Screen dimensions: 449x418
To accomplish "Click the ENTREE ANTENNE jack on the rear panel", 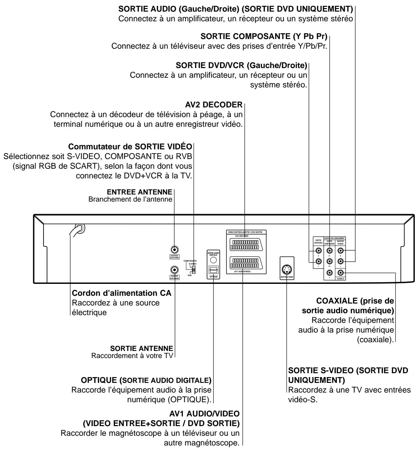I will click(174, 249).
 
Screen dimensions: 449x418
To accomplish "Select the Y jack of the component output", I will click(329, 273).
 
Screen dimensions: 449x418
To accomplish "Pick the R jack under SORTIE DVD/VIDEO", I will click(318, 250).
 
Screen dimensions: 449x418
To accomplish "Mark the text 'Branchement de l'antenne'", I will click(130, 199).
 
